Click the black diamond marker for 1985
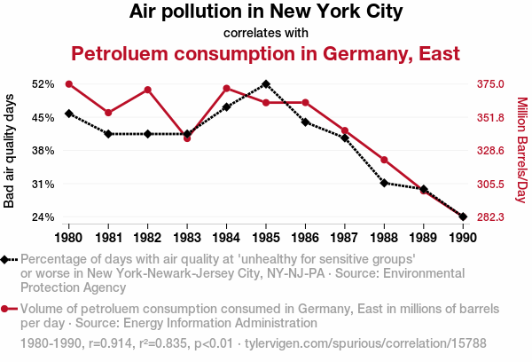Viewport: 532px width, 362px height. [266, 84]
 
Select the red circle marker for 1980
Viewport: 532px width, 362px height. [69, 84]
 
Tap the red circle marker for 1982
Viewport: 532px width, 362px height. [148, 90]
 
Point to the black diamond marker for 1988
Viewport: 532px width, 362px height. [384, 183]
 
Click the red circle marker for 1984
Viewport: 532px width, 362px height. [227, 88]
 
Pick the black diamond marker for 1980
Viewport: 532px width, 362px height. [69, 114]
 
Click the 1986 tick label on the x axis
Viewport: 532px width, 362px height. [305, 238]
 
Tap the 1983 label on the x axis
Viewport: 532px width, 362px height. [187, 238]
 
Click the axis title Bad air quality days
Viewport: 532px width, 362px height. [10, 151]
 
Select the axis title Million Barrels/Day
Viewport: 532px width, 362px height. [521, 151]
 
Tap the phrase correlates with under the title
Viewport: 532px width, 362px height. [266, 33]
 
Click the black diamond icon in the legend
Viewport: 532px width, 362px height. [6, 260]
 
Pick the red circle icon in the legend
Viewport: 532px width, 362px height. [6, 309]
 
